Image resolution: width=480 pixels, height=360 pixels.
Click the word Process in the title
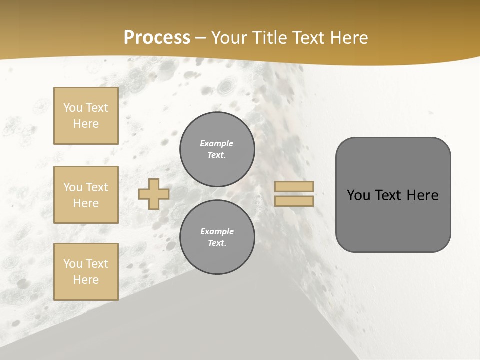point(157,38)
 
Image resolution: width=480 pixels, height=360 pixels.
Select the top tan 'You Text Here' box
point(86,116)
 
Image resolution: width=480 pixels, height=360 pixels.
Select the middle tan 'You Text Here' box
point(86,195)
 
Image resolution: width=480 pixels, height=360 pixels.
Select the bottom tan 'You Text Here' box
point(86,271)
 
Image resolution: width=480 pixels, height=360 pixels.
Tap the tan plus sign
point(154,194)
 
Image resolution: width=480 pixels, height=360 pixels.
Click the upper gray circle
point(217,149)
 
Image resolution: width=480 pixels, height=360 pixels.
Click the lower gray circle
point(217,237)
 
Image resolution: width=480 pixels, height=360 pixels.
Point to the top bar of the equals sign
point(294,186)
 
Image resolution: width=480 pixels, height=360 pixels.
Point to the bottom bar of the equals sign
point(294,201)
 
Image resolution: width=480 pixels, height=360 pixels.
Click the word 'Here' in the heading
point(350,38)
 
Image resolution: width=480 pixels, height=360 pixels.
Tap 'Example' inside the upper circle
point(217,143)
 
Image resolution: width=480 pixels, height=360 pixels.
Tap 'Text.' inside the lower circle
point(217,243)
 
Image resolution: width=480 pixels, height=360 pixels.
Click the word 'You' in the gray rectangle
point(358,195)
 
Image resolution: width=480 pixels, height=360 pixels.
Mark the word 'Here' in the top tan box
point(86,124)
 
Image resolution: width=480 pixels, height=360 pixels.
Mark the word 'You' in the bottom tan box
point(73,263)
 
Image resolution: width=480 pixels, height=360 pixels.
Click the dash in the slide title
point(201,38)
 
